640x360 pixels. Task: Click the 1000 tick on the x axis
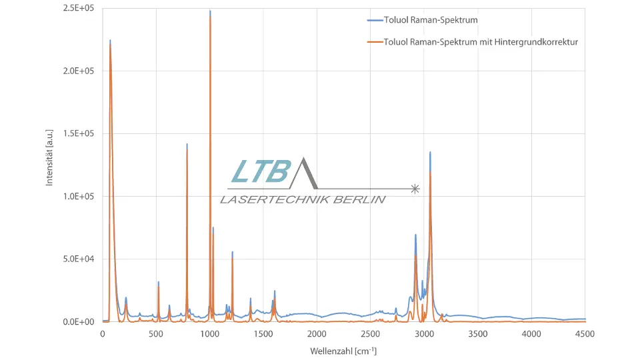210,333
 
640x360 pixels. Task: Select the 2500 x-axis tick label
371,333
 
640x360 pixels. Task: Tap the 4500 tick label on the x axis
585,333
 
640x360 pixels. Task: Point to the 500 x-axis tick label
156,333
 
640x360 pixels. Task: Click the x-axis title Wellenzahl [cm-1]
343,351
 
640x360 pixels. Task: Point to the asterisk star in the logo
415,189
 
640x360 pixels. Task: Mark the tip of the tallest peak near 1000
210,11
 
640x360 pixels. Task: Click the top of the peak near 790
187,145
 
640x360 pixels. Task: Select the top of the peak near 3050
430,153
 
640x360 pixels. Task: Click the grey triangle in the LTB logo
303,175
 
